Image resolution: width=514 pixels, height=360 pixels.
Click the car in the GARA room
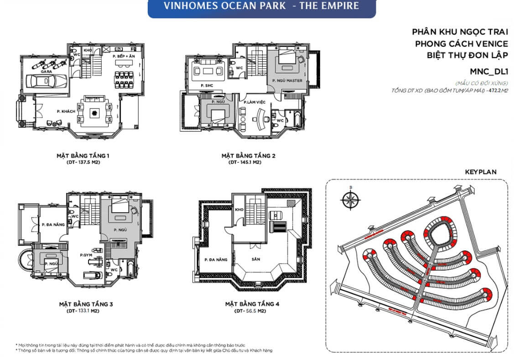pyautogui.click(x=46, y=82)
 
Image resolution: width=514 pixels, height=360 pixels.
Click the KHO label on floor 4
pyautogui.click(x=239, y=210)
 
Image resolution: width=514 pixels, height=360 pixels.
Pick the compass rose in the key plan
pyautogui.click(x=350, y=199)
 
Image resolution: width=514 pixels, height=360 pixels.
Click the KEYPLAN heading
pyautogui.click(x=481, y=172)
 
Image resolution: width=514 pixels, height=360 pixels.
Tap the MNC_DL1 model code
pyautogui.click(x=489, y=72)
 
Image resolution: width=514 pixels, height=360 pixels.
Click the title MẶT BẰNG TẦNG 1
pyautogui.click(x=83, y=156)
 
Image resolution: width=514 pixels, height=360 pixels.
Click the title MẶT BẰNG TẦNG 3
pyautogui.click(x=83, y=304)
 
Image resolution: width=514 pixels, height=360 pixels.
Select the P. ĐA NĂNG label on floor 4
pyautogui.click(x=212, y=260)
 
